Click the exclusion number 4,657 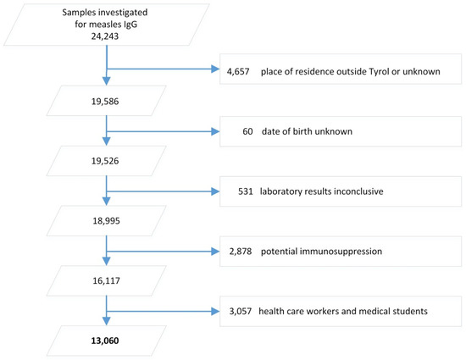click(x=242, y=70)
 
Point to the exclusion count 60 click(x=248, y=132)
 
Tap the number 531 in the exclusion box click(x=246, y=191)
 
